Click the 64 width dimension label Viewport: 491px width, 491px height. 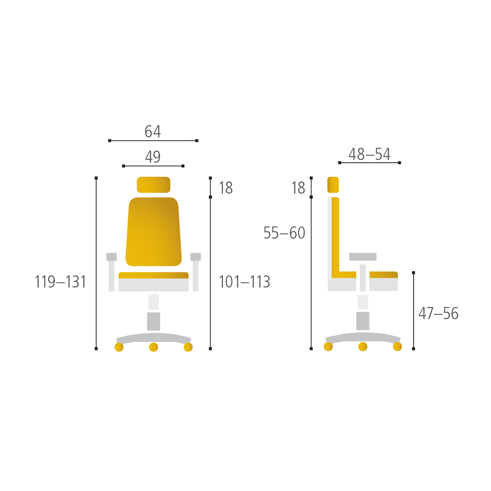point(153,131)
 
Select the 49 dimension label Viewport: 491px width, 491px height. point(153,156)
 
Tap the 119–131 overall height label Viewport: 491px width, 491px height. point(60,282)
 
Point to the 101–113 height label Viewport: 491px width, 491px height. point(244,282)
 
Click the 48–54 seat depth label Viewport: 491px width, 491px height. point(369,154)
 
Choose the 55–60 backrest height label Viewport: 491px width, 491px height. point(284,233)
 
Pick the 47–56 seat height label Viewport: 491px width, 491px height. point(439,313)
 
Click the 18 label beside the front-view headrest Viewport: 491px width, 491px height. point(226,188)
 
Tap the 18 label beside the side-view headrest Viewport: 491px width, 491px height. point(298,188)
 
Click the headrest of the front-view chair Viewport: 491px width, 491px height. point(153,185)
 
